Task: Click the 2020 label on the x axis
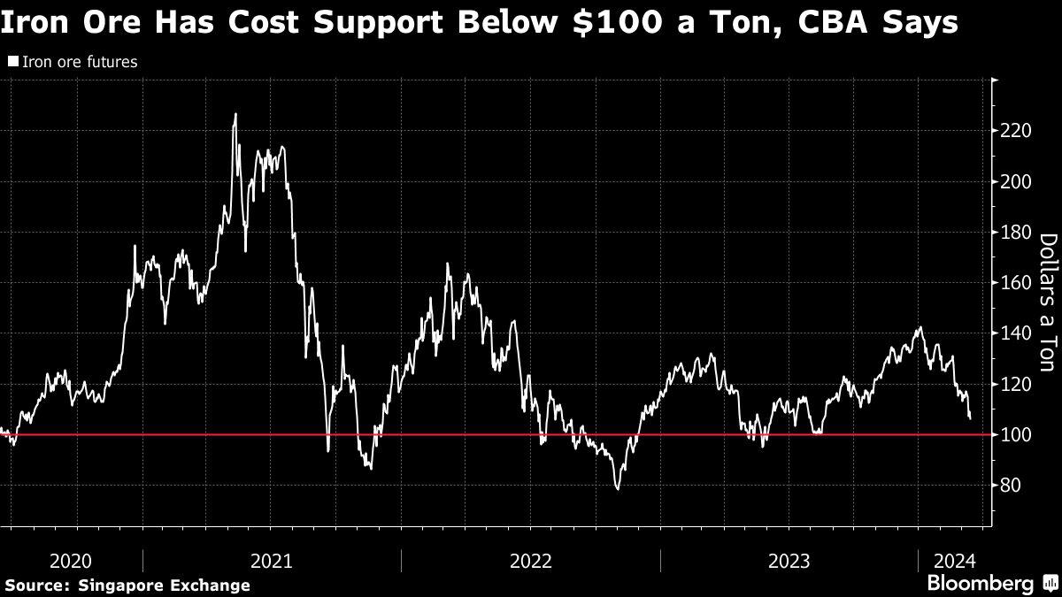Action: pos(71,561)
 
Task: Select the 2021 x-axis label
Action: pos(272,561)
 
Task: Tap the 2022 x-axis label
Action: pos(530,561)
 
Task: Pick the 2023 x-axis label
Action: pos(789,561)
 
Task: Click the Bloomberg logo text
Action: pos(980,584)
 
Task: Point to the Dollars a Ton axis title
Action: pos(1048,302)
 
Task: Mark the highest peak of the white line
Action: pos(235,114)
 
